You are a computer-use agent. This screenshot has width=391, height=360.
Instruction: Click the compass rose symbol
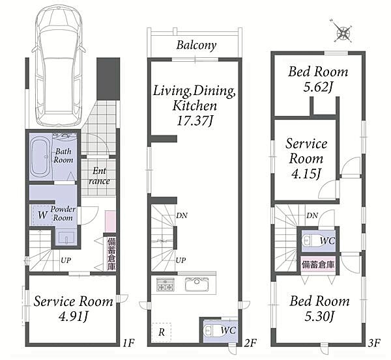(x=343, y=31)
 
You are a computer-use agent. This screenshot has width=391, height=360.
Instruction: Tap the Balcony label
(x=196, y=46)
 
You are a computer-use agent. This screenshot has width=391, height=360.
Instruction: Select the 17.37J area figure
(x=195, y=121)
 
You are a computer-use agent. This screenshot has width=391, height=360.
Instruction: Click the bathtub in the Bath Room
(x=40, y=157)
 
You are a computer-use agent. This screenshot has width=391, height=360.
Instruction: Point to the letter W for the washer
(x=42, y=215)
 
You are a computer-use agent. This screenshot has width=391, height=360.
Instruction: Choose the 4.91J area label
(x=73, y=317)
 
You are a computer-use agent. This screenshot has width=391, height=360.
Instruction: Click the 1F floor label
(x=128, y=343)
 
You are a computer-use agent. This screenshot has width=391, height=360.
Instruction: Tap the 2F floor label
(x=250, y=343)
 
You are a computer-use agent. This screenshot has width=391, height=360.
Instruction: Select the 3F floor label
(x=374, y=343)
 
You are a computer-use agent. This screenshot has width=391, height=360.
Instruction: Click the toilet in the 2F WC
(x=209, y=331)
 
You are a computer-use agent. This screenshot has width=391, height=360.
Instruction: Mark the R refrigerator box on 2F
(x=162, y=333)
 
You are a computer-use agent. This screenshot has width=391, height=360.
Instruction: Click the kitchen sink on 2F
(x=197, y=284)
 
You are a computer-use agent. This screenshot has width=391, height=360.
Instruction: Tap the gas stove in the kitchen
(x=165, y=284)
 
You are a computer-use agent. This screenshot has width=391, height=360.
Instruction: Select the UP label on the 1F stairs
(x=66, y=260)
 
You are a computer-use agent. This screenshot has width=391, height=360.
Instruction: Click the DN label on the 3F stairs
(x=312, y=215)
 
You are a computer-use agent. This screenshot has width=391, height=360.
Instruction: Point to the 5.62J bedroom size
(x=318, y=87)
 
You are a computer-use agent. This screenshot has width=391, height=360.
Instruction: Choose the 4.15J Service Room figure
(x=306, y=174)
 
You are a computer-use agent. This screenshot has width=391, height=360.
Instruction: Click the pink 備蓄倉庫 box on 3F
(x=318, y=264)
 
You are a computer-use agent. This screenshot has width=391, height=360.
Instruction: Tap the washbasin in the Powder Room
(x=66, y=238)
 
